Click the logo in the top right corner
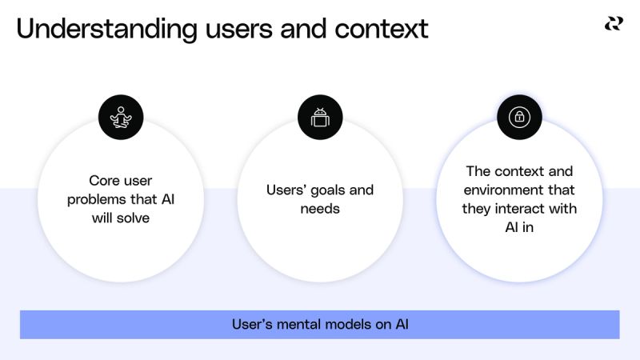coord(614,25)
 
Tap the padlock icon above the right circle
coord(519,118)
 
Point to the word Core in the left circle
coord(104,182)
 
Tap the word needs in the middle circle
coord(320,209)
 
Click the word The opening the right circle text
coord(478,171)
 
